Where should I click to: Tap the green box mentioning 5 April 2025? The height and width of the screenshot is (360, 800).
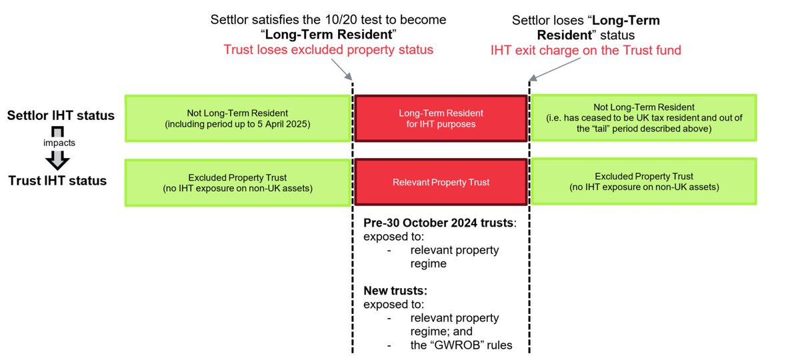tap(238, 118)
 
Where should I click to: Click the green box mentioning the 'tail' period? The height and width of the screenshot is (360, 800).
tap(643, 118)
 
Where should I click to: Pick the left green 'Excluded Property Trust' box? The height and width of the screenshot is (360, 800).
tap(238, 181)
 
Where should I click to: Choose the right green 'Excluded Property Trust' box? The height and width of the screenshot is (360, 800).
tap(643, 181)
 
